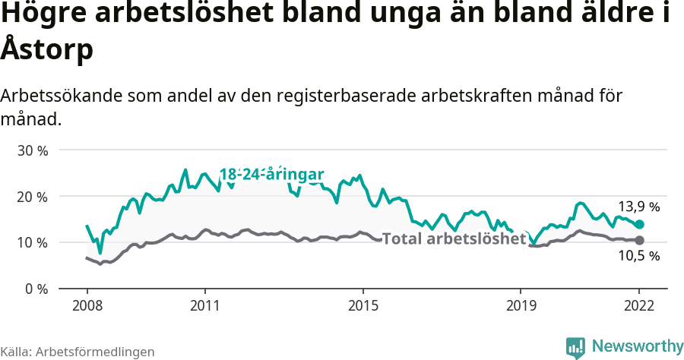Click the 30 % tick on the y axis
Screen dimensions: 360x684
point(32,150)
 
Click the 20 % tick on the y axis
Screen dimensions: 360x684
point(32,197)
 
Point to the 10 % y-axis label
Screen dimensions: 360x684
point(32,243)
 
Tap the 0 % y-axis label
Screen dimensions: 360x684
point(36,289)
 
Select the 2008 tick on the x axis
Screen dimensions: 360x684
point(87,305)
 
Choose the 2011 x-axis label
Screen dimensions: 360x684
point(205,305)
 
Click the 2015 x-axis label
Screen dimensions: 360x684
point(363,305)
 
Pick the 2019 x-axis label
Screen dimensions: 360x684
point(521,305)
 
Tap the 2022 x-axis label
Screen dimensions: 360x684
point(640,305)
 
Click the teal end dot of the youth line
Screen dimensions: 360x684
point(640,224)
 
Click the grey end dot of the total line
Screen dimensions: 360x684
point(640,240)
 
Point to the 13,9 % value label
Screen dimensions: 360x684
point(638,206)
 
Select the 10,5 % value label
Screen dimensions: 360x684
point(638,257)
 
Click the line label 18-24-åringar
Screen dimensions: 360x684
point(272,174)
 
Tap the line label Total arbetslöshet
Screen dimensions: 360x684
point(454,238)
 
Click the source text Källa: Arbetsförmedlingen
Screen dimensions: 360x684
point(78,352)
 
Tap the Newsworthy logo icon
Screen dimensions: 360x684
point(576,346)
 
